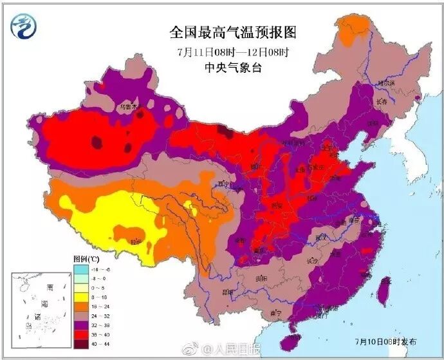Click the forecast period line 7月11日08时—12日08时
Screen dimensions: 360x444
tap(223, 52)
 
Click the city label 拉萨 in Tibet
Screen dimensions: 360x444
tap(136, 242)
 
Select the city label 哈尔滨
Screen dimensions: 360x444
tap(385, 83)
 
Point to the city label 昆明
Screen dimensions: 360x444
tap(227, 292)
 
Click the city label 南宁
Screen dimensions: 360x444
tap(275, 313)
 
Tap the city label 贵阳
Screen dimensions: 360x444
tap(261, 278)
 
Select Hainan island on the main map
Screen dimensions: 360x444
tap(295, 338)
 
